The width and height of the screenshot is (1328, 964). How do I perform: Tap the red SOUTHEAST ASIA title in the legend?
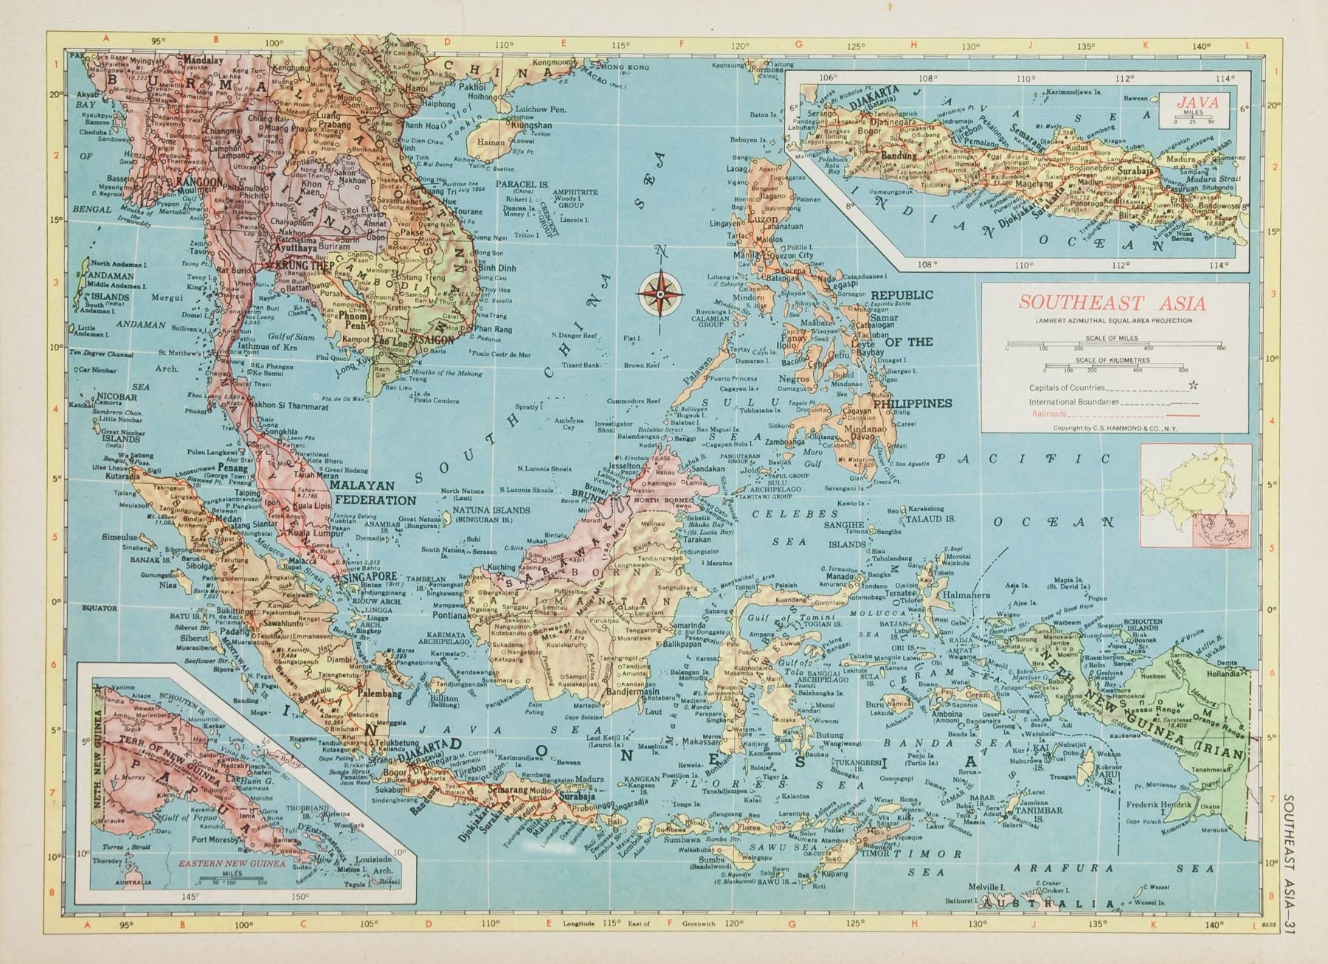pos(1113,303)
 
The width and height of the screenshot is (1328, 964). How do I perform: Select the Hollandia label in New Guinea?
pos(1218,672)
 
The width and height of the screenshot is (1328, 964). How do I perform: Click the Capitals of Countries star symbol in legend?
pos(1193,386)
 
